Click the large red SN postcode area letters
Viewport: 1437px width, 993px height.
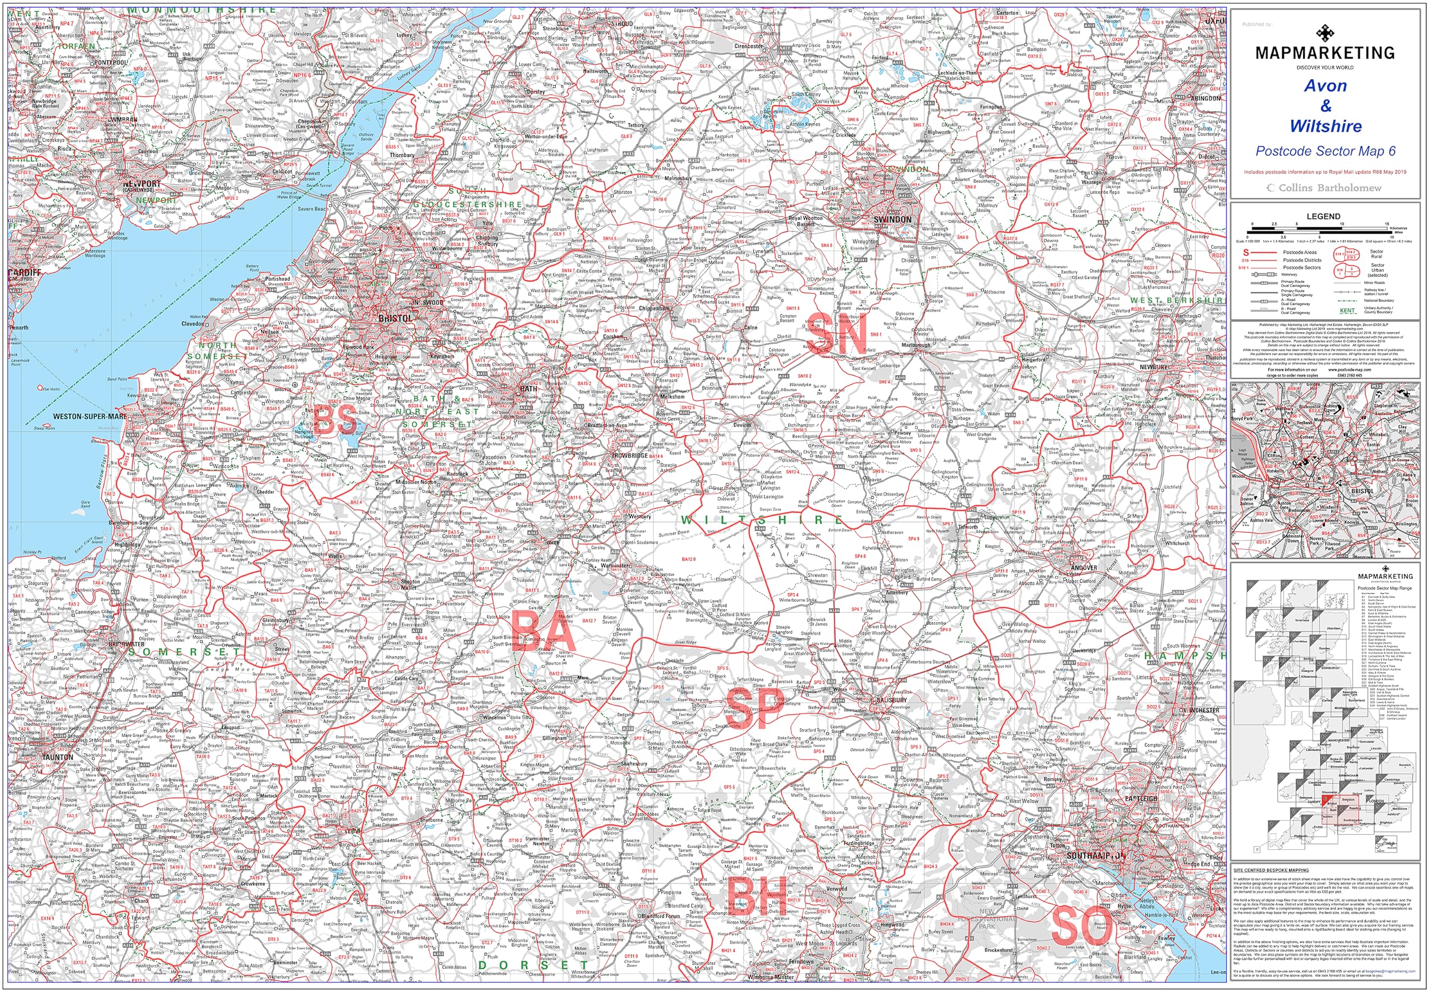tap(838, 335)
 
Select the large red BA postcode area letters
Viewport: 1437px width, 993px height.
tap(542, 631)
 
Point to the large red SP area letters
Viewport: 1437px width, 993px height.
tap(754, 710)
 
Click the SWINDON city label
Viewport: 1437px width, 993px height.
tap(892, 220)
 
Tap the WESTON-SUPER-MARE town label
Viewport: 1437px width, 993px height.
tap(90, 417)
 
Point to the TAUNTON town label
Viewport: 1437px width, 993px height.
tap(57, 758)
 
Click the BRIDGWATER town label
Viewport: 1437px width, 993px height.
tap(126, 644)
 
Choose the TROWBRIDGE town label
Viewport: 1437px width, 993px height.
tap(630, 455)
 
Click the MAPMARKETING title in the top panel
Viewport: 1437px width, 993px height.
tap(1324, 53)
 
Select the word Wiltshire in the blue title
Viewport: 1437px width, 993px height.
tap(1325, 126)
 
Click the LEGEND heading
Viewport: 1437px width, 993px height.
tap(1322, 217)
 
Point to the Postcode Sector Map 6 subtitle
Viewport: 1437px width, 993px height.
tap(1325, 151)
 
